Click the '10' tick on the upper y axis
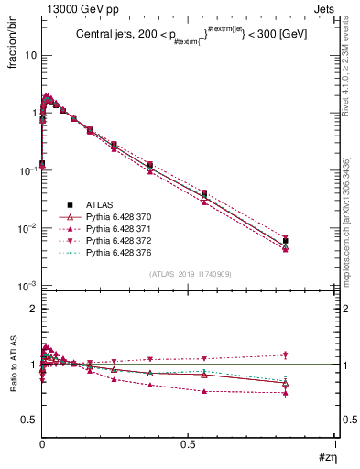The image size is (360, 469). tap(29, 55)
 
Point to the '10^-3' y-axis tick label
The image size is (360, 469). tap(27, 286)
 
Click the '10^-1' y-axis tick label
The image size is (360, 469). tap(27, 170)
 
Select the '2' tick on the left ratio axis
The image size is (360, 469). tap(33, 309)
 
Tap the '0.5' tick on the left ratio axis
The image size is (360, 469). tap(29, 420)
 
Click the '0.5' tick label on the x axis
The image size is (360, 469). tap(188, 444)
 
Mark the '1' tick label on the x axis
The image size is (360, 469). tap(335, 444)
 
